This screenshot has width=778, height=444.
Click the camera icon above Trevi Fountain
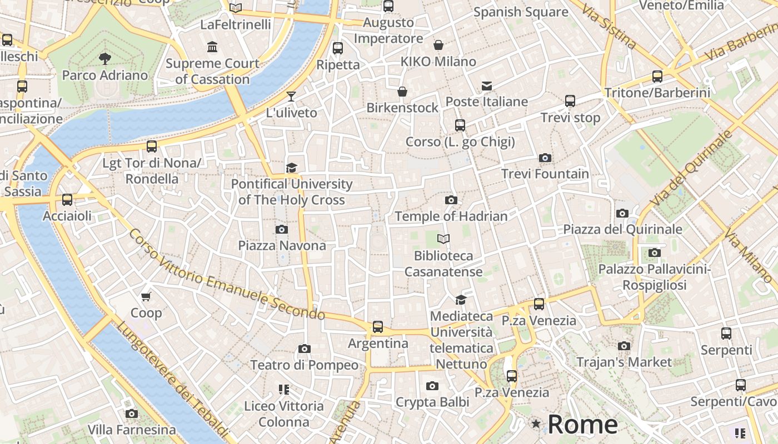(x=545, y=158)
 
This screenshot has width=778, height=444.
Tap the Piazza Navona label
(x=282, y=245)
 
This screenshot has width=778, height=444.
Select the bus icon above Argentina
(x=378, y=327)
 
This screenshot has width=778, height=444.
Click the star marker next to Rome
(x=536, y=424)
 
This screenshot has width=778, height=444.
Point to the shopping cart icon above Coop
(x=146, y=296)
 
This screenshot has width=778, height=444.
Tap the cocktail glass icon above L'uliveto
(x=291, y=97)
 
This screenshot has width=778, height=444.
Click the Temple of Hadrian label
(x=451, y=216)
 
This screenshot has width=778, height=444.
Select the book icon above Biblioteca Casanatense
(x=443, y=239)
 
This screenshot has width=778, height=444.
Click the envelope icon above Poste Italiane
(x=487, y=85)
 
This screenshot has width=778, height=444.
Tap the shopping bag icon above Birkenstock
(x=402, y=92)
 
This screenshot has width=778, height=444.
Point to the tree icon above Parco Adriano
(x=104, y=58)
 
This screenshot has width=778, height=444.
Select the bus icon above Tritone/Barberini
(x=657, y=77)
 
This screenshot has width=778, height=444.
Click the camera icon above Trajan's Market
(x=624, y=346)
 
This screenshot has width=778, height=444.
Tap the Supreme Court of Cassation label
(x=212, y=71)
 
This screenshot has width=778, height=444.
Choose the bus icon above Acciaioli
(x=67, y=200)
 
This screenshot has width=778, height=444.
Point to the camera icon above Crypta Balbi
(x=432, y=386)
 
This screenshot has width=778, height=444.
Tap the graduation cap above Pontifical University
(x=291, y=168)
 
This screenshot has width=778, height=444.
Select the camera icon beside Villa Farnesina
(x=132, y=413)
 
